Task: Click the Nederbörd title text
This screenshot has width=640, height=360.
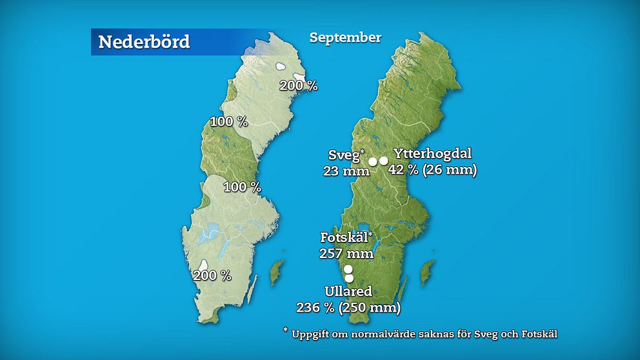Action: (x=144, y=42)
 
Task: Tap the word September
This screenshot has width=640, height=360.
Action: (x=345, y=37)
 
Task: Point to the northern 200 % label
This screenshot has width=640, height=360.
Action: (x=298, y=85)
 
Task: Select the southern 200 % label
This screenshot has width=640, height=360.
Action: (x=212, y=275)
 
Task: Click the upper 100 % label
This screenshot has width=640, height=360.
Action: (x=229, y=121)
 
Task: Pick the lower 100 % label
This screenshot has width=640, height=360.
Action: (x=242, y=187)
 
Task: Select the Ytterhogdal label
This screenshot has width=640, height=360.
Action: (x=432, y=154)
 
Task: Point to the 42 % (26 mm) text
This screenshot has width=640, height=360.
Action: (x=432, y=171)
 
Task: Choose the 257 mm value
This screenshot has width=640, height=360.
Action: (x=346, y=253)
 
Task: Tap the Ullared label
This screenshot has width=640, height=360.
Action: (x=348, y=292)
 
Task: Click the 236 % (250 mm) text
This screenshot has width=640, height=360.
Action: (x=348, y=308)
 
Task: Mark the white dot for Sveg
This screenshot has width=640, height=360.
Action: (x=373, y=161)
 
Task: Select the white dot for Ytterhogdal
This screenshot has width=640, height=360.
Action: (x=384, y=161)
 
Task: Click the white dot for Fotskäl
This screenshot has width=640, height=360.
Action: (x=348, y=269)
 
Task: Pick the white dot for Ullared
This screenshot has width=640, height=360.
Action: (x=349, y=278)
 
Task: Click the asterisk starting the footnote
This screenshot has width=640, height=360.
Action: (x=285, y=330)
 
